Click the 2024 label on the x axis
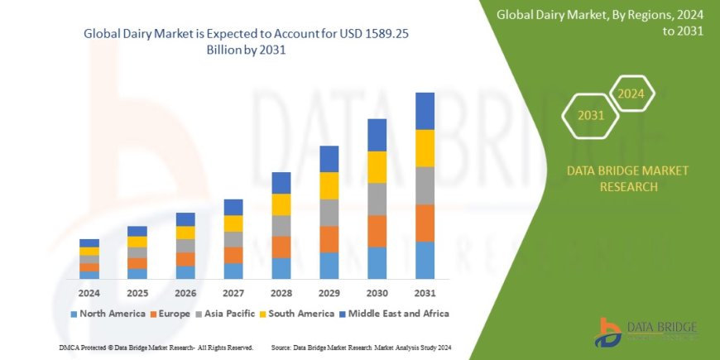pos(89,293)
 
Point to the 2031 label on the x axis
pos(425,293)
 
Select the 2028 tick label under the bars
pos(281,293)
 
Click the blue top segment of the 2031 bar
pos(425,111)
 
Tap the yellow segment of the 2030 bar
pos(377,167)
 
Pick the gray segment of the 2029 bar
pos(329,213)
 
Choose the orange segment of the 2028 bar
pos(281,247)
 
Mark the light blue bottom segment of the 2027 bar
pos(233,271)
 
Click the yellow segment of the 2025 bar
pos(137,242)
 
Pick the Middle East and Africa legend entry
pos(395,314)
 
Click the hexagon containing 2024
pos(631,94)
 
